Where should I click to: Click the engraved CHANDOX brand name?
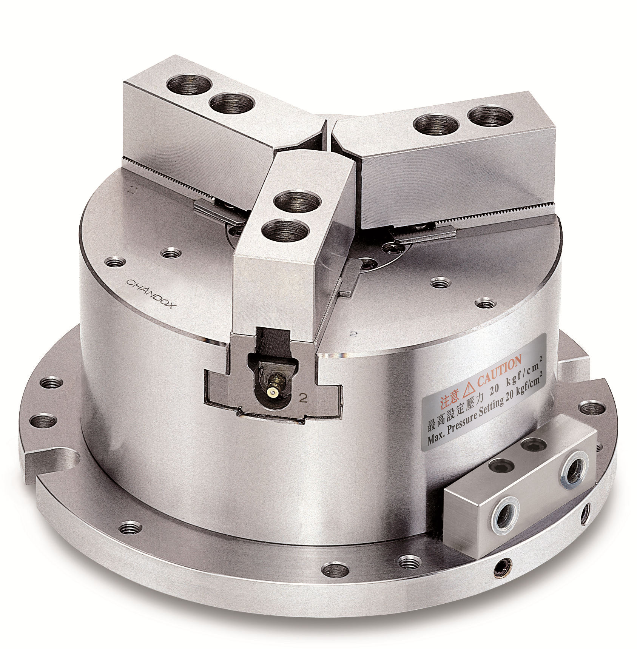(x=150, y=294)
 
